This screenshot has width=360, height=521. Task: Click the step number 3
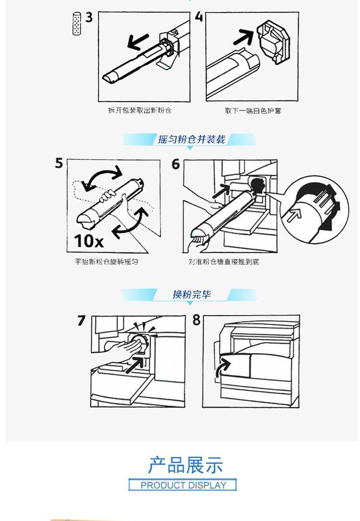tap(89, 17)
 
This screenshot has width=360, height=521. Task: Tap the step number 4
tap(199, 17)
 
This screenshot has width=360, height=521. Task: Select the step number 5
tap(59, 163)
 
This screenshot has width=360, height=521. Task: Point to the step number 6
tap(176, 164)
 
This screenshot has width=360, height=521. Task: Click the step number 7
tap(82, 321)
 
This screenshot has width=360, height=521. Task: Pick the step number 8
tap(197, 320)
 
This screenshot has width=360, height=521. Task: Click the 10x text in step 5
tap(88, 241)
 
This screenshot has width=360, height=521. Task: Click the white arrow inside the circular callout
tap(294, 214)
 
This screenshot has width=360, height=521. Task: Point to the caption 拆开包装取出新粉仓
tap(140, 110)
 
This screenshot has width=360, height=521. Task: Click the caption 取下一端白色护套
tap(253, 110)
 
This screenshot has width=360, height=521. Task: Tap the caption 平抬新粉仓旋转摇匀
tap(106, 262)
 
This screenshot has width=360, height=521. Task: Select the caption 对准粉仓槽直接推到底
tap(224, 262)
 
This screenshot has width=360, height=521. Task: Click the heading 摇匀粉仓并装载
tap(192, 140)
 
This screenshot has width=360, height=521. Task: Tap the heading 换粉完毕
tap(192, 294)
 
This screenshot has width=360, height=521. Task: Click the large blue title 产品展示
tap(185, 465)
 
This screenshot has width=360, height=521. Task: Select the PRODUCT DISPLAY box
tap(183, 485)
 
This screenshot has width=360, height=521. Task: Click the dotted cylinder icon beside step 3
tap(77, 24)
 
